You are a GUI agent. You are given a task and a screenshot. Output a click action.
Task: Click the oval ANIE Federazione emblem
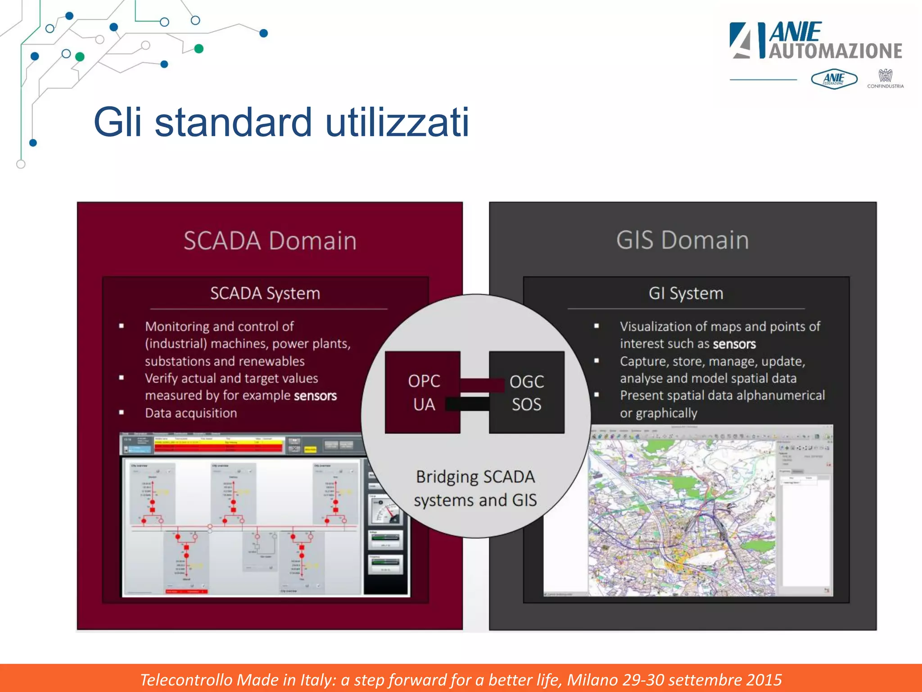(834, 79)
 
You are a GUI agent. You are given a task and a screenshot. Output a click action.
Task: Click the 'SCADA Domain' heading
(270, 240)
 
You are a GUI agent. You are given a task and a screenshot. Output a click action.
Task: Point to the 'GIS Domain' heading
(682, 240)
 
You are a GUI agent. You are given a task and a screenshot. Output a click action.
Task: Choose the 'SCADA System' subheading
(265, 293)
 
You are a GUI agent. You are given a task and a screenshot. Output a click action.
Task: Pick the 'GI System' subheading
(686, 293)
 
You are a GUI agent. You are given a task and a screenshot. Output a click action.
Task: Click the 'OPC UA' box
(423, 392)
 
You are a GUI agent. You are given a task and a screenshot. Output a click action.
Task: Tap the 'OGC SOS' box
(527, 392)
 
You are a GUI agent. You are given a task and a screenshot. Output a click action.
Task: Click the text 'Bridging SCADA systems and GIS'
(475, 488)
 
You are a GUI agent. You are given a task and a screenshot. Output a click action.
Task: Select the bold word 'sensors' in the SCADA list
(315, 396)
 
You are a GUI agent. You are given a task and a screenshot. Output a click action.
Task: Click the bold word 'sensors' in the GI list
(734, 344)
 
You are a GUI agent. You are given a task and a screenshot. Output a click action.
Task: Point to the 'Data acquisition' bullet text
(191, 413)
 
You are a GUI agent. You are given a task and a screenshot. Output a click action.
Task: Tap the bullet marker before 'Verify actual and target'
(122, 378)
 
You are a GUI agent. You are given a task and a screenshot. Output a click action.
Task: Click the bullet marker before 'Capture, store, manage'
(597, 360)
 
